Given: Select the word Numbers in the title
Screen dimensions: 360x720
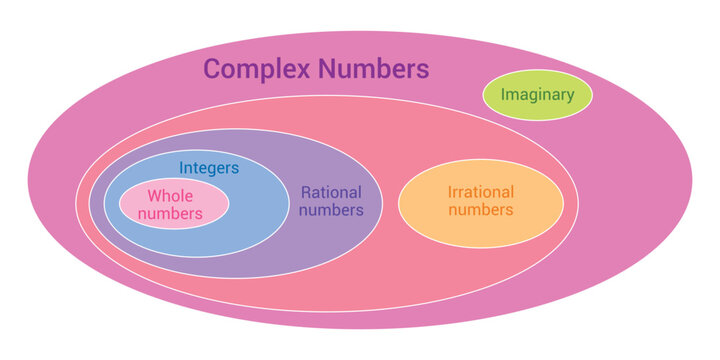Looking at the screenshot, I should [x=374, y=69].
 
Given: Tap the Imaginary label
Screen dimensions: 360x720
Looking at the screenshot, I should [x=537, y=96].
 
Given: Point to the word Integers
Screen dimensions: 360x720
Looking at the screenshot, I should [x=209, y=169].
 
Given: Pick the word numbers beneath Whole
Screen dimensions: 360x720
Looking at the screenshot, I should [x=170, y=214].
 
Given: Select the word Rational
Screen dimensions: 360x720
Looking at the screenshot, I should [x=331, y=192].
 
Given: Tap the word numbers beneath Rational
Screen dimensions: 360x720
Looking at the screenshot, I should [x=331, y=210].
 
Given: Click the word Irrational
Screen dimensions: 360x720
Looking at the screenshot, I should [x=480, y=191].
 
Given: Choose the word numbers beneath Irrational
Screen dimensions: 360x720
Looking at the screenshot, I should [x=480, y=210].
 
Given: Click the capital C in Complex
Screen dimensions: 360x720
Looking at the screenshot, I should [x=213, y=69].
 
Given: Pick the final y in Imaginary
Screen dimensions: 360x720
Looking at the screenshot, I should [x=571, y=98].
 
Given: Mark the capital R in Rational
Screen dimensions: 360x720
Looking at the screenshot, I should [x=306, y=192].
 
